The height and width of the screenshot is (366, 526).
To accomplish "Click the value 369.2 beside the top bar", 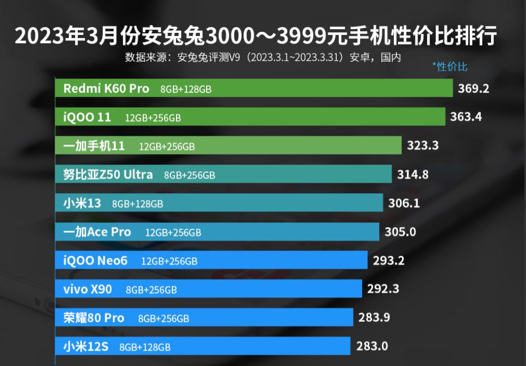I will point(474,89).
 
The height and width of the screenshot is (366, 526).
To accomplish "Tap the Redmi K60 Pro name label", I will point(106,89).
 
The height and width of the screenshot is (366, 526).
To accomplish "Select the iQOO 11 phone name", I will point(86,117).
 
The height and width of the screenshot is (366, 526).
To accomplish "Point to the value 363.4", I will point(466,117).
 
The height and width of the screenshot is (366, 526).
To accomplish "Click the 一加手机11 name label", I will point(94,146).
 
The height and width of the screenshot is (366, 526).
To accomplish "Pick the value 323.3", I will point(423,146).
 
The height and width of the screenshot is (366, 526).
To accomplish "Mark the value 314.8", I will point(413,175).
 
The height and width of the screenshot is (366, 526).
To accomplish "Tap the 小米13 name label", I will point(82,204).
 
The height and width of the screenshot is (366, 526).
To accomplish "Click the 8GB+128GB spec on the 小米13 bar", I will point(138,204).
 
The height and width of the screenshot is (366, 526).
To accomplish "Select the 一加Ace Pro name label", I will point(97,232).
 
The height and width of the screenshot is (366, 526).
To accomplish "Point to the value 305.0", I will point(400,232).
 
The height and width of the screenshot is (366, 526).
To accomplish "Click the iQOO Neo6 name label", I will point(95,261).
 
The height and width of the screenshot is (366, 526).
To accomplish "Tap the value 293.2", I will point(388,261).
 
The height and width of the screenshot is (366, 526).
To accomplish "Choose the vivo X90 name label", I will point(87,290).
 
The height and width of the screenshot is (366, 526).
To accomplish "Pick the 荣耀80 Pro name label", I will point(94,318).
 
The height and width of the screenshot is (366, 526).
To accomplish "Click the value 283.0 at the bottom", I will point(371,347).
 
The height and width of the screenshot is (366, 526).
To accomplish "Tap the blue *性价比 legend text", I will point(450,67).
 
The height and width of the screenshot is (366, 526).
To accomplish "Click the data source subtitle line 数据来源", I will point(262,57).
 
